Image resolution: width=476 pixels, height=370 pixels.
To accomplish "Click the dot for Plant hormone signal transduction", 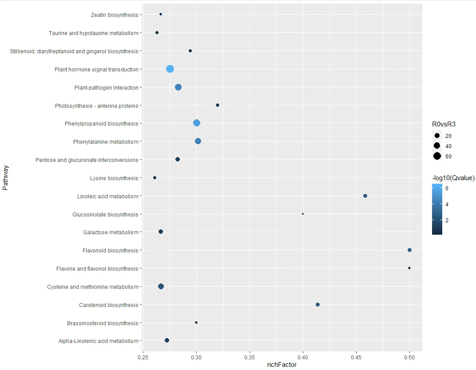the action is coord(170,69).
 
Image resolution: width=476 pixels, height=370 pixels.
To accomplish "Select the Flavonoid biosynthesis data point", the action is coord(409,250).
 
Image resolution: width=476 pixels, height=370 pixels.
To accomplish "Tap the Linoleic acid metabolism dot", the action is coord(365,196).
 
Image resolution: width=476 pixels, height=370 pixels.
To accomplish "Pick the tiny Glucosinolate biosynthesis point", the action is coord(303,214).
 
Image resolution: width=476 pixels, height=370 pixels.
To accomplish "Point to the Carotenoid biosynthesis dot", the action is coord(317,304).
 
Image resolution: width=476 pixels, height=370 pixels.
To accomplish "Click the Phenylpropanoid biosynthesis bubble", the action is coord(197,123).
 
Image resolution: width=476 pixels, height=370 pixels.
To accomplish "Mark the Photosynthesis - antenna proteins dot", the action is coord(218,105).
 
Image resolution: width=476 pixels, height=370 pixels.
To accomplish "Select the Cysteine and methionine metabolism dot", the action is coord(161,286).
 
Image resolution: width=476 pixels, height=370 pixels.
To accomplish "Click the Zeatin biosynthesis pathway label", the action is coord(115,15).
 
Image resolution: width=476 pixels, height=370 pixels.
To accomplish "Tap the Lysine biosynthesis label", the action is coord(114,178).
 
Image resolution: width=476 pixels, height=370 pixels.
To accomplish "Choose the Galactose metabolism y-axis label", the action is coord(111,232).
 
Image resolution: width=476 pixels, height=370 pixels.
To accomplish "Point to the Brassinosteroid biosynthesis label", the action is coord(103,323).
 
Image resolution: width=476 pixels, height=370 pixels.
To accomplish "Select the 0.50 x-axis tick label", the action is coord(409,357).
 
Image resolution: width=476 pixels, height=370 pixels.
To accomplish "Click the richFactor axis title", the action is coord(282,365).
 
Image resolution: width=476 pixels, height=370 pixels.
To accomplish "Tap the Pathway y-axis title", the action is coord(5,178).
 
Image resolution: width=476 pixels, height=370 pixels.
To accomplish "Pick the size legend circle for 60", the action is coord(437,156).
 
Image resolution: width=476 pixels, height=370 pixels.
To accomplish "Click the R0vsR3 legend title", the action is coord(444,124).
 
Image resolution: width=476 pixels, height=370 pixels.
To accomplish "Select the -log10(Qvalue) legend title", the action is coord(453,178).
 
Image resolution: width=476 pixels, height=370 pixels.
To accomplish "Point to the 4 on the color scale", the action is coord(447,205).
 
